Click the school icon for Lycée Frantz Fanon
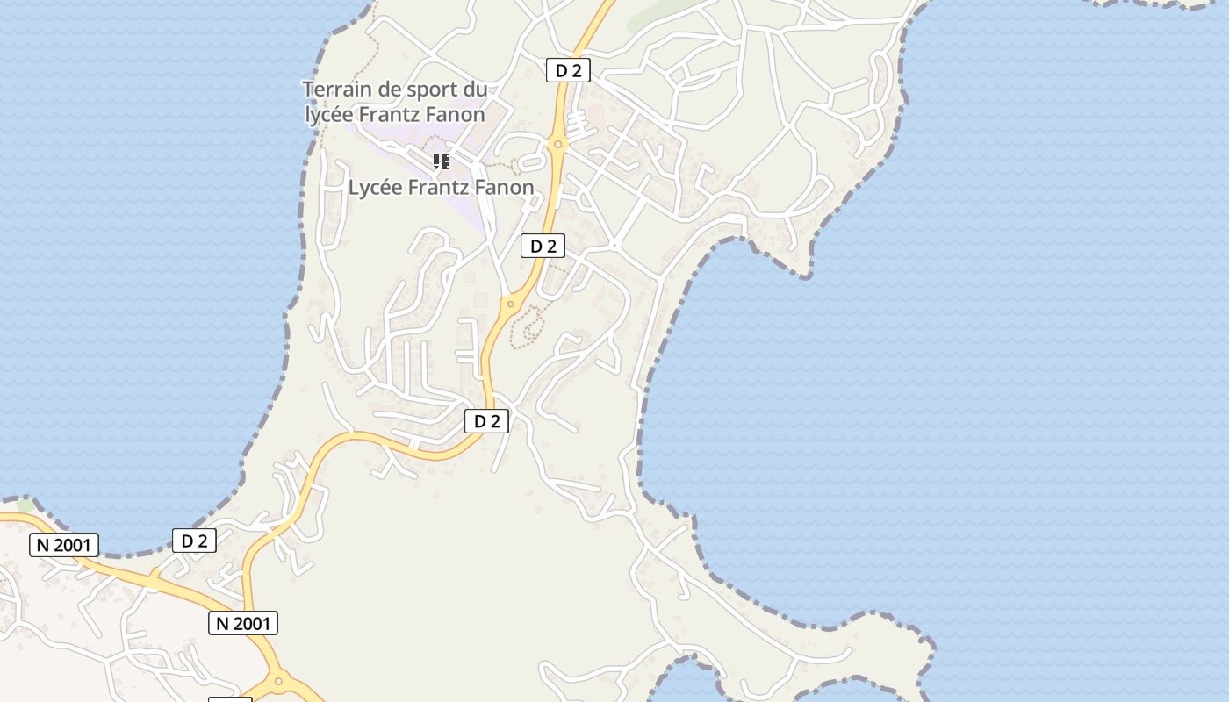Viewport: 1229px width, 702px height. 442,161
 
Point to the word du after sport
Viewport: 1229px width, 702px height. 475,90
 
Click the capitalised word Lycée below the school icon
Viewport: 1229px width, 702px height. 376,187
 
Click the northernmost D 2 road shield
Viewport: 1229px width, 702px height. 568,70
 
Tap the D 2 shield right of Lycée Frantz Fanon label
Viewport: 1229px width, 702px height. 543,246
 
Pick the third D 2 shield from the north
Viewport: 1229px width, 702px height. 486,421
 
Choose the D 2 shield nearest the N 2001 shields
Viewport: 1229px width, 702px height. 194,541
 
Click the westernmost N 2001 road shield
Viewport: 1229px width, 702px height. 64,545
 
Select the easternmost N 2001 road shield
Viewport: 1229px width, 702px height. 243,623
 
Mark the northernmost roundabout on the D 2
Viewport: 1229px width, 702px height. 557,144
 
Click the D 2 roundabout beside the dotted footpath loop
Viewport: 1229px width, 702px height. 510,304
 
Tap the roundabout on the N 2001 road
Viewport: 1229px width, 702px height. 278,680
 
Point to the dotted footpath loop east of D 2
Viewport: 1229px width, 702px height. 531,326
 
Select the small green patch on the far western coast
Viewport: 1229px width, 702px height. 25,505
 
